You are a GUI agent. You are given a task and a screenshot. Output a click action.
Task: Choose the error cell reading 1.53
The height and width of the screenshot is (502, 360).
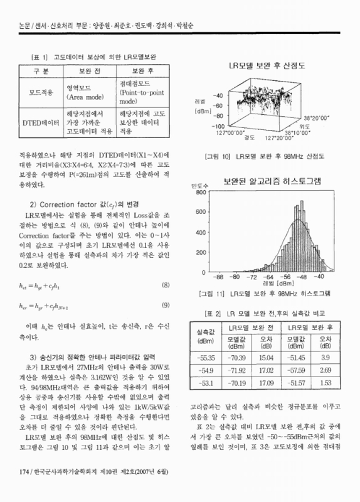pos(325,383)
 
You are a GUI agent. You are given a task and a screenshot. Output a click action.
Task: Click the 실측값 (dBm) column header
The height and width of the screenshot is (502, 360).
pos(206,335)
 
